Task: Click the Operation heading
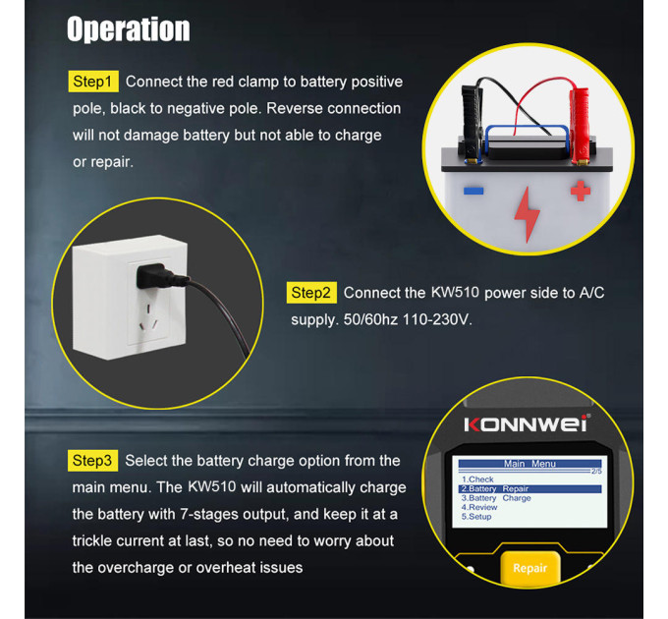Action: point(129,28)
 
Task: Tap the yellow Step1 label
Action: point(93,82)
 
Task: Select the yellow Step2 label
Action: point(311,293)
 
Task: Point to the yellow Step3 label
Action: point(93,461)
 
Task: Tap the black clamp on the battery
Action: point(472,124)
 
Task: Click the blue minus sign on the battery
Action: point(473,191)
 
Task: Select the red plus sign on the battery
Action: point(581,191)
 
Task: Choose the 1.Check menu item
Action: point(477,479)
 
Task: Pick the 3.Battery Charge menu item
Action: point(496,498)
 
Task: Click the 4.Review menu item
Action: point(479,507)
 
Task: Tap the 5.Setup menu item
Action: point(476,517)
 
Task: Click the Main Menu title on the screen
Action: point(529,464)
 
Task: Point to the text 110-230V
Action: point(437,319)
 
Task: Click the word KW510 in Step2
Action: point(455,292)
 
